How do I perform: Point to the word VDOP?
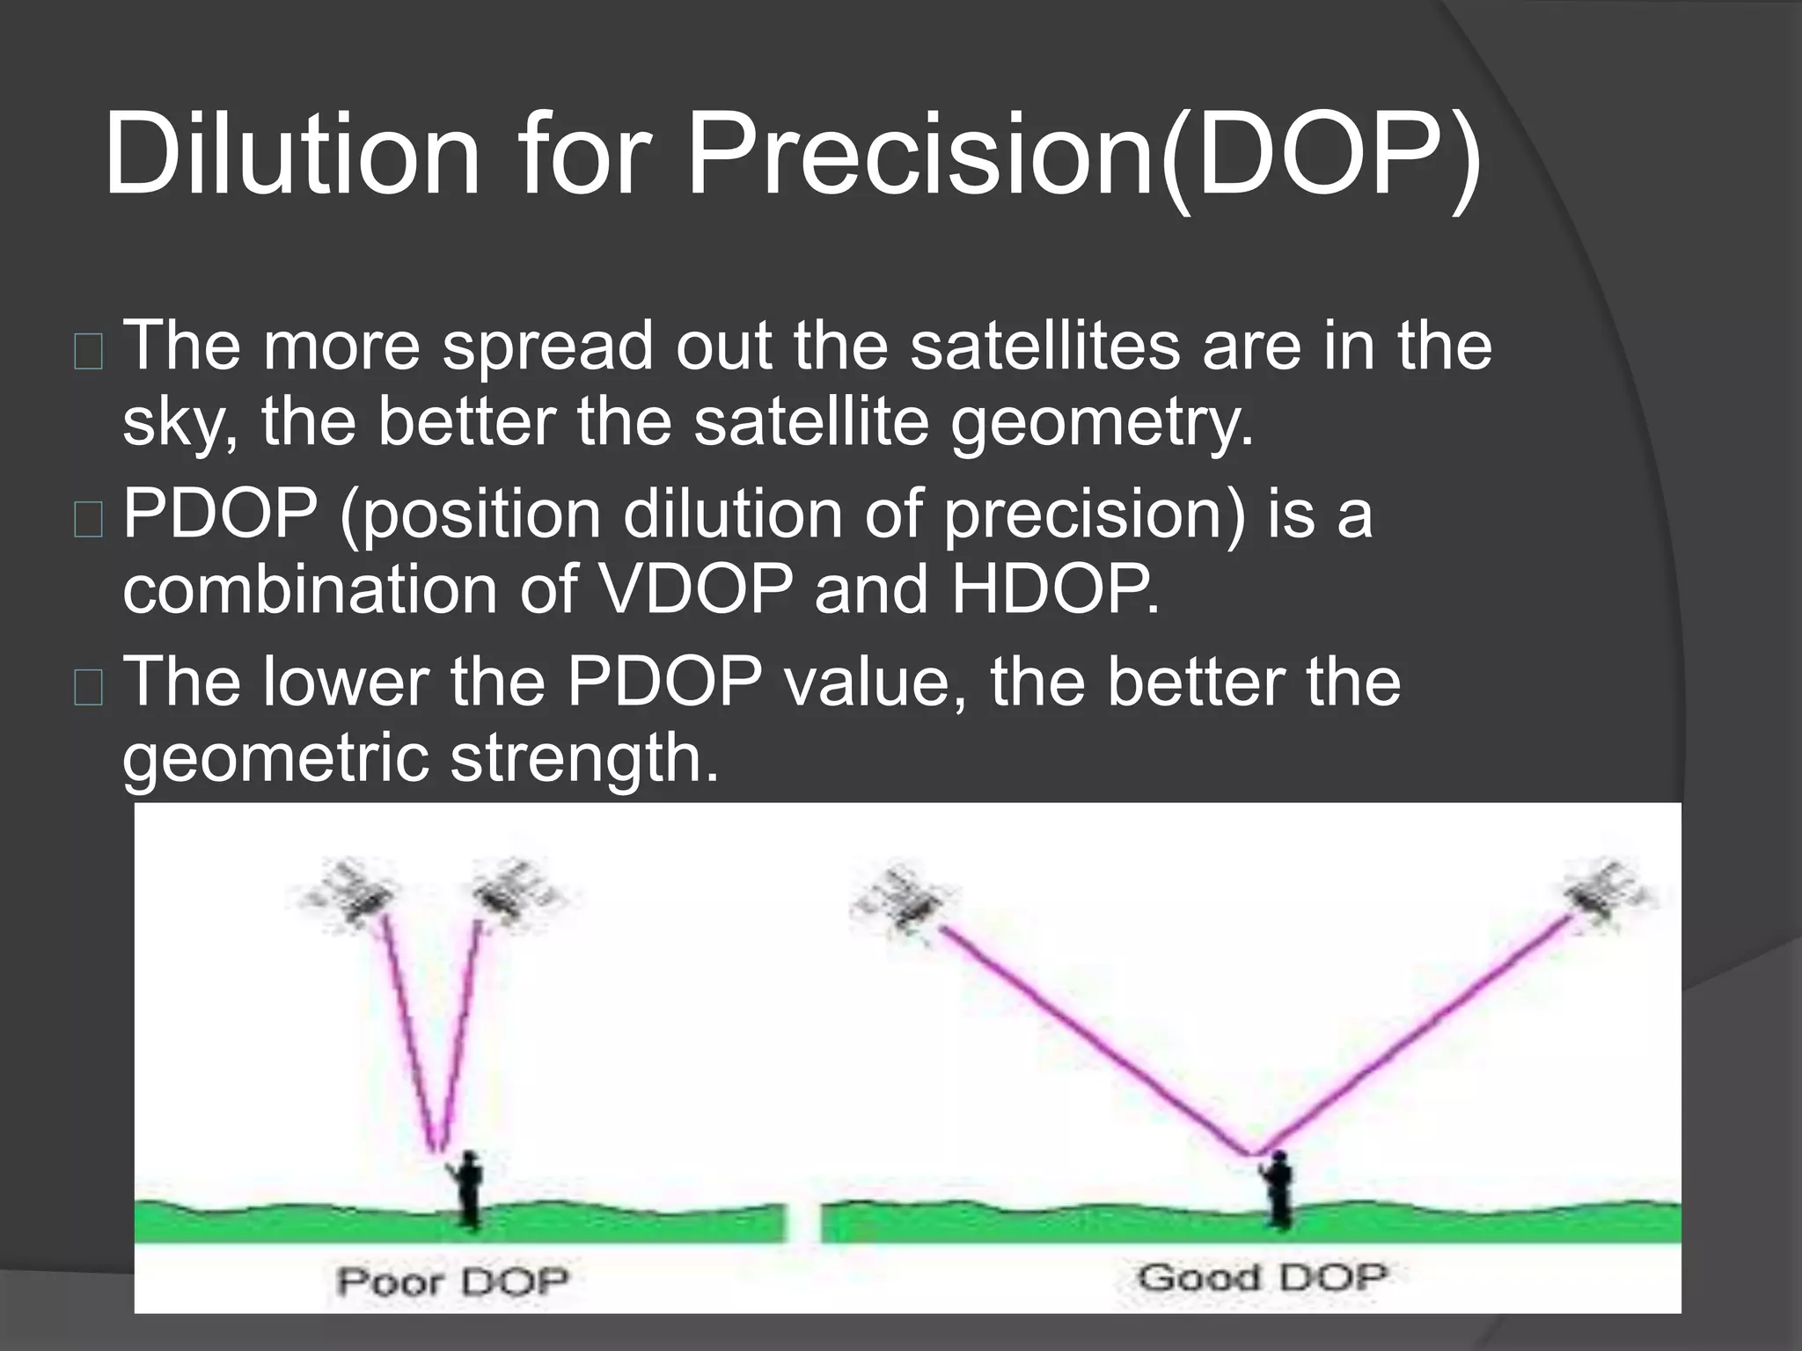point(695,590)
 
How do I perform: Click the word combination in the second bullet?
point(309,590)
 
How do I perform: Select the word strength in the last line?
point(584,759)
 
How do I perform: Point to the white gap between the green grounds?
point(802,1223)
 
